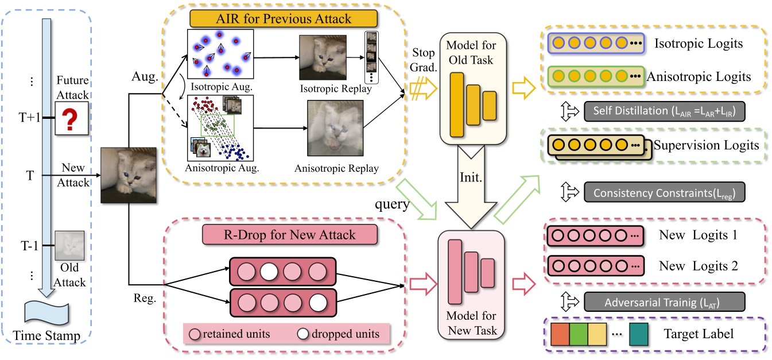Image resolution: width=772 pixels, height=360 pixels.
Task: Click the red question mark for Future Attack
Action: coord(71,118)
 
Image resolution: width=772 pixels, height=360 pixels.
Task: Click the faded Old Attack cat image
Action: coord(69,246)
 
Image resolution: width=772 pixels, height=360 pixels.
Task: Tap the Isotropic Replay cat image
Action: coord(322,58)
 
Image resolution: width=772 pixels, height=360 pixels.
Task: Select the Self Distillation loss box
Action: coord(664,111)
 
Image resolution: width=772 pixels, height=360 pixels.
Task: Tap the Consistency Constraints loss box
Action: coord(664,193)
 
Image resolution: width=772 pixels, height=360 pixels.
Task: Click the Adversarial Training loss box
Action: coord(664,301)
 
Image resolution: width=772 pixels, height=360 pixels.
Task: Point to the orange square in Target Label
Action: coord(560,333)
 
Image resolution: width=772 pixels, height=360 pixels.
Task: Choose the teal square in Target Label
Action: coord(639,333)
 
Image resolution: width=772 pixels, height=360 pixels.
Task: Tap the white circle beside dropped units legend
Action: coord(303,334)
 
